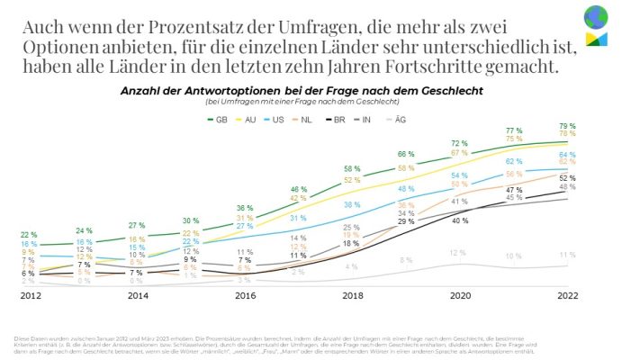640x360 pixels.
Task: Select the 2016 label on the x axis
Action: (x=244, y=294)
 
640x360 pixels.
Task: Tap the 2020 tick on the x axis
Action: (x=459, y=294)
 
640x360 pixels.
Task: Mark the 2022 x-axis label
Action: (x=568, y=294)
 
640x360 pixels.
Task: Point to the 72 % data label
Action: (x=459, y=143)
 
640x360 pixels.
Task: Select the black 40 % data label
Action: (x=460, y=220)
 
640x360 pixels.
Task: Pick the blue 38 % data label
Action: (x=352, y=205)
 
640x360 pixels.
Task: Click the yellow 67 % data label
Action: (x=459, y=153)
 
